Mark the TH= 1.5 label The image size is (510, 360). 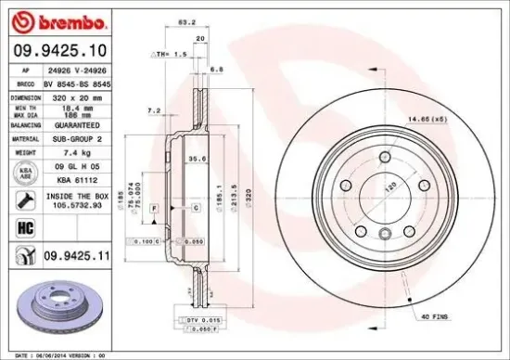click(174, 55)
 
